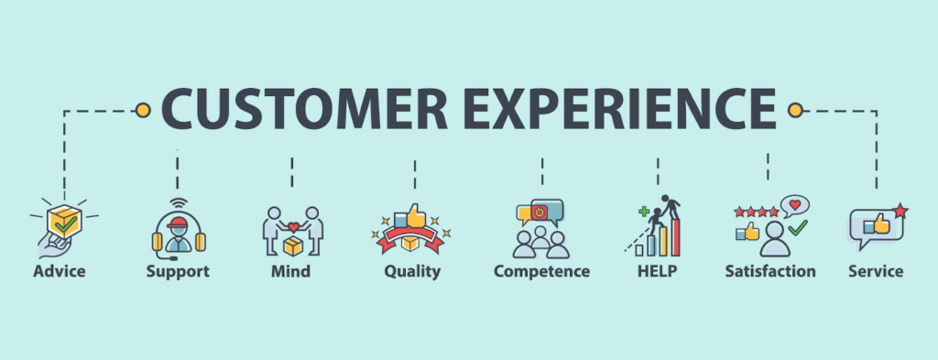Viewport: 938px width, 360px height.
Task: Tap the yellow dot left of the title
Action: (x=142, y=110)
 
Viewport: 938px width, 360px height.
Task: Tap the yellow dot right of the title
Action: (x=794, y=110)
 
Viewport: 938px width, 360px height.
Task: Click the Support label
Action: (x=178, y=271)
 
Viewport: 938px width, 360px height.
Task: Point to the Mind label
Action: (x=290, y=271)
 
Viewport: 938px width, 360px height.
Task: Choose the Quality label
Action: (x=412, y=272)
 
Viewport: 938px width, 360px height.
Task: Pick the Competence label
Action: (x=541, y=272)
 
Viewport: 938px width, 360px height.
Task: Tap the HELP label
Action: (x=658, y=271)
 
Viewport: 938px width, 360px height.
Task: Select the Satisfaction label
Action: (x=769, y=271)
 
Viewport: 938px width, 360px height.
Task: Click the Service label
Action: (x=875, y=271)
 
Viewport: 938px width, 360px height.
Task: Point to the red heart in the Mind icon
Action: (x=293, y=227)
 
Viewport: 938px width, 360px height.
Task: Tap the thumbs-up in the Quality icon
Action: (x=415, y=216)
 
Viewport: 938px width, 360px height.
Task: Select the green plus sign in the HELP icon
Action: (x=645, y=213)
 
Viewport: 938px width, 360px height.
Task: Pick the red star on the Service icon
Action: (x=900, y=212)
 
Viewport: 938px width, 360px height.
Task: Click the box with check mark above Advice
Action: (x=63, y=221)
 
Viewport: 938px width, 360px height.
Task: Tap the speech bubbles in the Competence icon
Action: (x=540, y=213)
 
